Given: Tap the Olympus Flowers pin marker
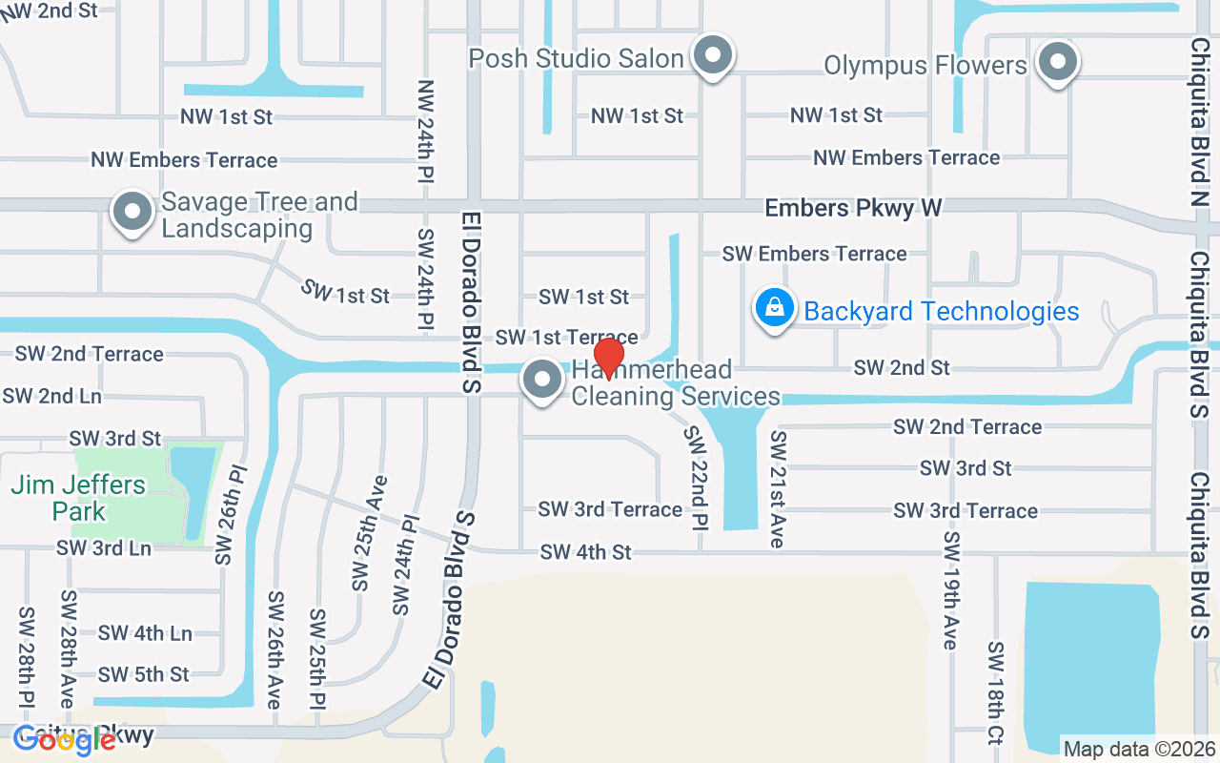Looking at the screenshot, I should click(1056, 63).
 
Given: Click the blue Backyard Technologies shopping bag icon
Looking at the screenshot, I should click(775, 308).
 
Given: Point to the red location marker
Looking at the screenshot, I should click(608, 358).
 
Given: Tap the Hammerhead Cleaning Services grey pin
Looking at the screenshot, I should click(543, 381).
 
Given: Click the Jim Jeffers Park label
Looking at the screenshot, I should click(79, 498).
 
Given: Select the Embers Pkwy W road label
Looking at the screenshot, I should click(853, 208).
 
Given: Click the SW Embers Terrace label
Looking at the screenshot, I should click(814, 254).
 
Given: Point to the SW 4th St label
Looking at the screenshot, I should click(585, 552).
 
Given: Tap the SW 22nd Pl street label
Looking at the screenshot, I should click(698, 477).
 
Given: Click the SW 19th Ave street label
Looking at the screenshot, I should click(949, 591).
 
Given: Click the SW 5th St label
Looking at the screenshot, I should click(144, 674).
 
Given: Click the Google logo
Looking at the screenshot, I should click(64, 740).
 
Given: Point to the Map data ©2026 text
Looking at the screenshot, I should click(1139, 750).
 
